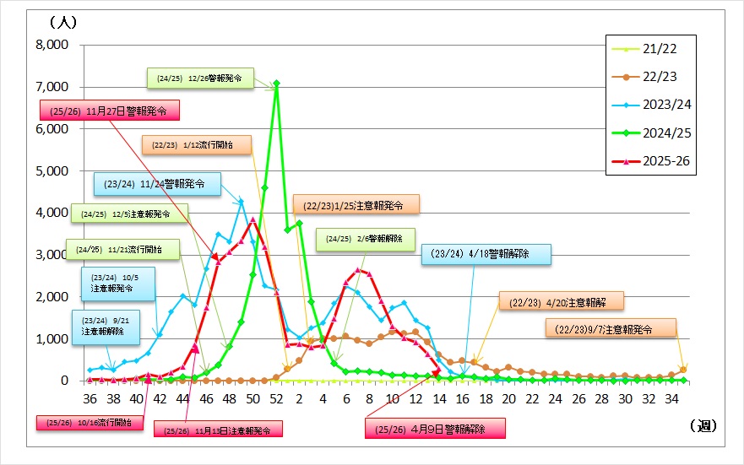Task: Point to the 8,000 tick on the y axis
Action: tap(51, 45)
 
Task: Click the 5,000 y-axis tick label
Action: tap(51, 170)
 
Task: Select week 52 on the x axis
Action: tap(276, 398)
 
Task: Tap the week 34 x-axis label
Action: tap(682, 398)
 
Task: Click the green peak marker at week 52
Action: tap(276, 83)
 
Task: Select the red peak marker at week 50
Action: tap(253, 220)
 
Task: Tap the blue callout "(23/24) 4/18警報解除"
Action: tap(486, 253)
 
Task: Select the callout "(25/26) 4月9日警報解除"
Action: tap(435, 428)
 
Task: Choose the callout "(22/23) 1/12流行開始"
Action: tap(196, 145)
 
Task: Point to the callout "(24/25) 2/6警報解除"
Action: tap(366, 239)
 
